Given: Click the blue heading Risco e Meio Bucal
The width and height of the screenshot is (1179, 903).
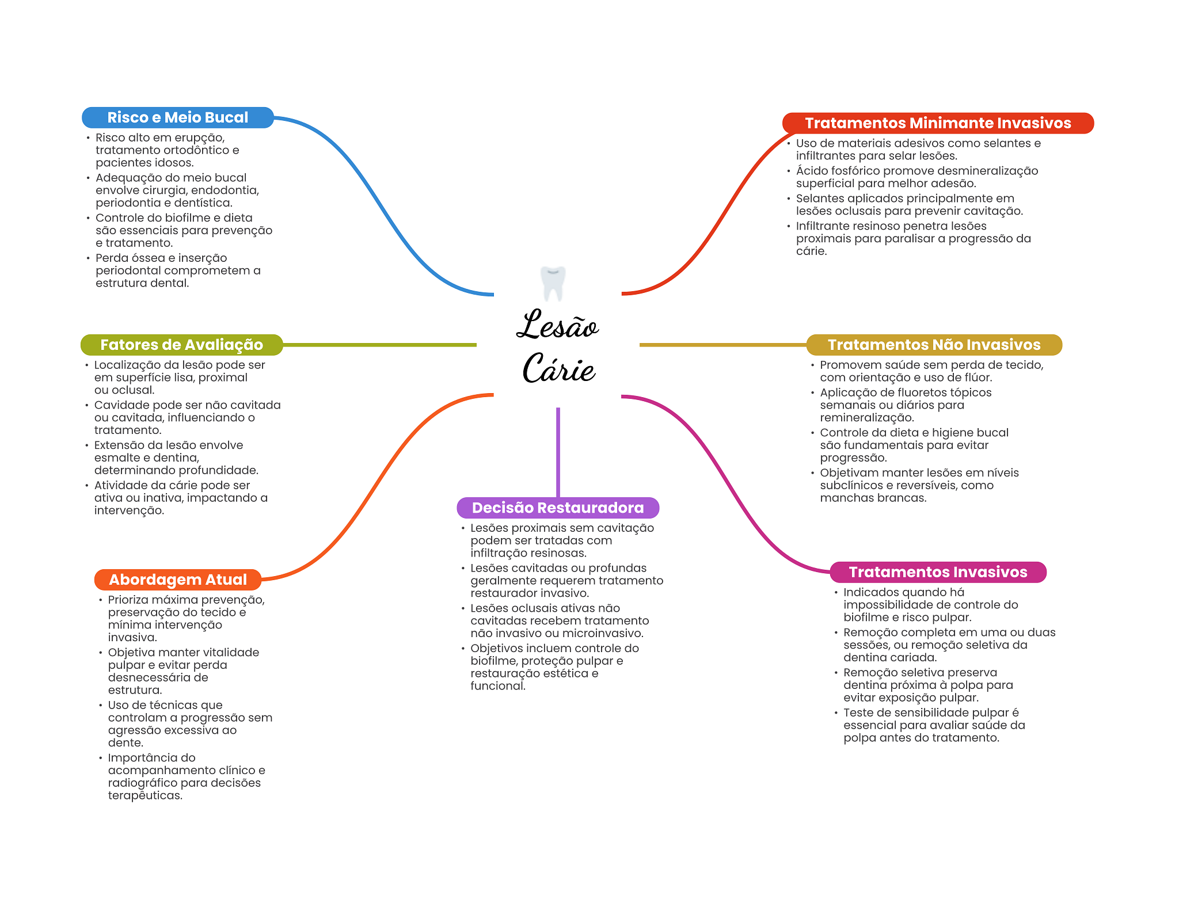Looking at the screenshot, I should point(177,117).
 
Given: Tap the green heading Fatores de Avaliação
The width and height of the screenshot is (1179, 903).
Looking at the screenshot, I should point(181,345).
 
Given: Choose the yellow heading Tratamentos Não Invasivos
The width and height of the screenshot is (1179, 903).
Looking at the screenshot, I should point(934,345).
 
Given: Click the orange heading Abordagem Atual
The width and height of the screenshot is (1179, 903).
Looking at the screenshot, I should point(178,580).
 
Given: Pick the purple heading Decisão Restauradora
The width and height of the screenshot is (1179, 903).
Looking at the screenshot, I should point(557,508).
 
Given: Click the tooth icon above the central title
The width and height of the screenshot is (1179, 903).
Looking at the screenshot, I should point(553,283).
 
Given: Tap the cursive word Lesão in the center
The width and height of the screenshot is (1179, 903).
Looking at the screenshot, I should point(557,325).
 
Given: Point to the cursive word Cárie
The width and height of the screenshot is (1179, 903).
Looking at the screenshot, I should point(558,368).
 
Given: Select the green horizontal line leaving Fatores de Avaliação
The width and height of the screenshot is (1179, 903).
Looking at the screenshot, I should point(380,345).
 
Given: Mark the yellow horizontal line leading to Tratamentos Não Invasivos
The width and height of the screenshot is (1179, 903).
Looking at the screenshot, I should point(722,345).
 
